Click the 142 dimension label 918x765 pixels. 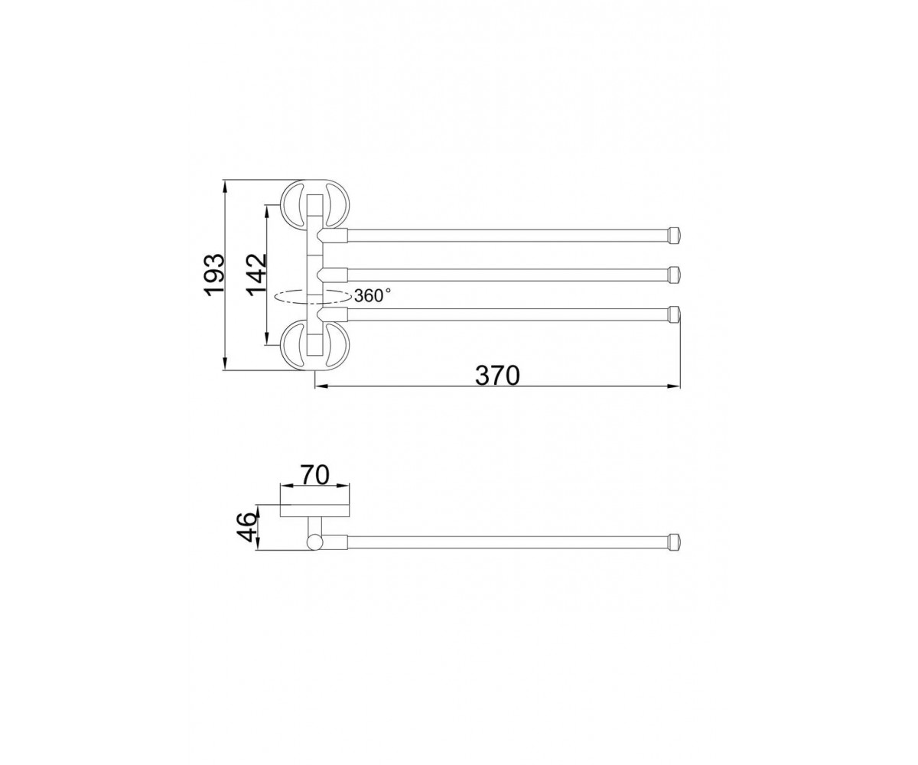tap(256, 275)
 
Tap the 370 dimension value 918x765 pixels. tap(497, 375)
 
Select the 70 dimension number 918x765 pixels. tap(314, 475)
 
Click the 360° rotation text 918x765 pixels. tap(373, 295)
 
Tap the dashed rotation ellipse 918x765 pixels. tap(312, 296)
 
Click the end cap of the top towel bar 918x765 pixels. tap(675, 235)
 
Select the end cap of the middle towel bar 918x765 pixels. tap(675, 275)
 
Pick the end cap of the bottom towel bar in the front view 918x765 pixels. tap(675, 314)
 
